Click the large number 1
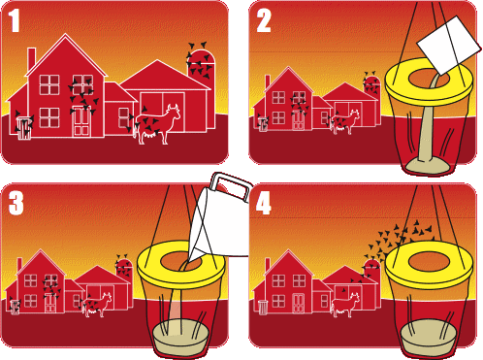14,20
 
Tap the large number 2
264,20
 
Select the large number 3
16,203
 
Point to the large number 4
264,203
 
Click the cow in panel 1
157,124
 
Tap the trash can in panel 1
24,128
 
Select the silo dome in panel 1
201,55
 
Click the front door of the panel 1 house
80,122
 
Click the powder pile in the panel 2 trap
427,166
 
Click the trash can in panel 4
264,308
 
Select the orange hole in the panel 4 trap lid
430,261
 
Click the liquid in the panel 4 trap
429,336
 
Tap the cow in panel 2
345,122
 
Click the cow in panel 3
97,305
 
